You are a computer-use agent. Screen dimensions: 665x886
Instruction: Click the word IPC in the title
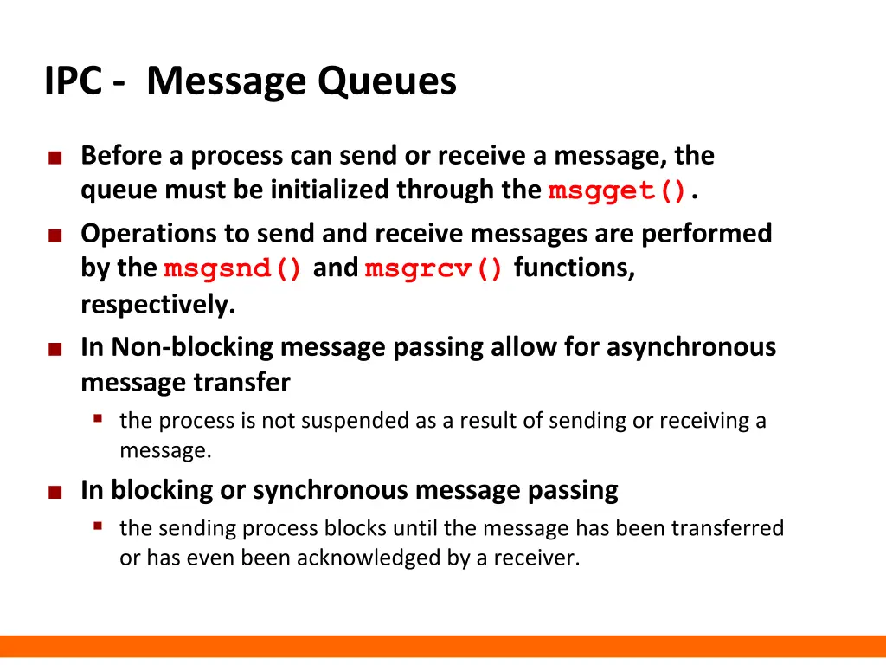pos(75,82)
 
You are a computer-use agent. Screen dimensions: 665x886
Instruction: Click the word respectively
pos(158,305)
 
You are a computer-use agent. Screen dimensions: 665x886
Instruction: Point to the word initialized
pos(331,190)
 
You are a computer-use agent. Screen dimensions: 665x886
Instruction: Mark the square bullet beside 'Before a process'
pos(55,158)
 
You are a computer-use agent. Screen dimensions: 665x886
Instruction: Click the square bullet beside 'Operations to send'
pos(55,236)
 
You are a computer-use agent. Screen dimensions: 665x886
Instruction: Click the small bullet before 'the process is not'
pos(99,419)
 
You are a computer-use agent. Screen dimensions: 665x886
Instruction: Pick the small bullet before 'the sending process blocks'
pos(99,526)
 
